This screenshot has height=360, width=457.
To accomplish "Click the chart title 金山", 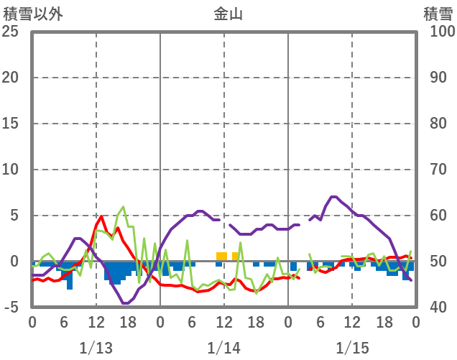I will click(x=228, y=14).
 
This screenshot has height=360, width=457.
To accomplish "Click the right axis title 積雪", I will click(x=436, y=14).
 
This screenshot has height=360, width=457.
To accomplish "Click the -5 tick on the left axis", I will click(x=11, y=308).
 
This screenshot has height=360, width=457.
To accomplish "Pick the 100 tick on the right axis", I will click(x=438, y=32).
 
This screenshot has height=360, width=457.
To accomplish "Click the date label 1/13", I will click(x=96, y=348).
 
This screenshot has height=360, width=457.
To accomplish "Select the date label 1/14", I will click(x=223, y=348).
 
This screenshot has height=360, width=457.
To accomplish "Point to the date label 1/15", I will click(x=351, y=348).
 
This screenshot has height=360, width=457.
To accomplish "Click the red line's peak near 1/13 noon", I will click(x=102, y=216).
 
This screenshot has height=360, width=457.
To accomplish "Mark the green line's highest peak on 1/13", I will click(x=124, y=207).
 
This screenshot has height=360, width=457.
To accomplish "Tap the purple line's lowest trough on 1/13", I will click(x=126, y=303).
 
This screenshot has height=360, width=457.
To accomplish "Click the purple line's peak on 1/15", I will click(x=333, y=196).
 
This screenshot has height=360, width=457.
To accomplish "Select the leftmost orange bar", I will click(x=221, y=256).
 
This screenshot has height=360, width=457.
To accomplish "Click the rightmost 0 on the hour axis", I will click(x=415, y=321).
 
